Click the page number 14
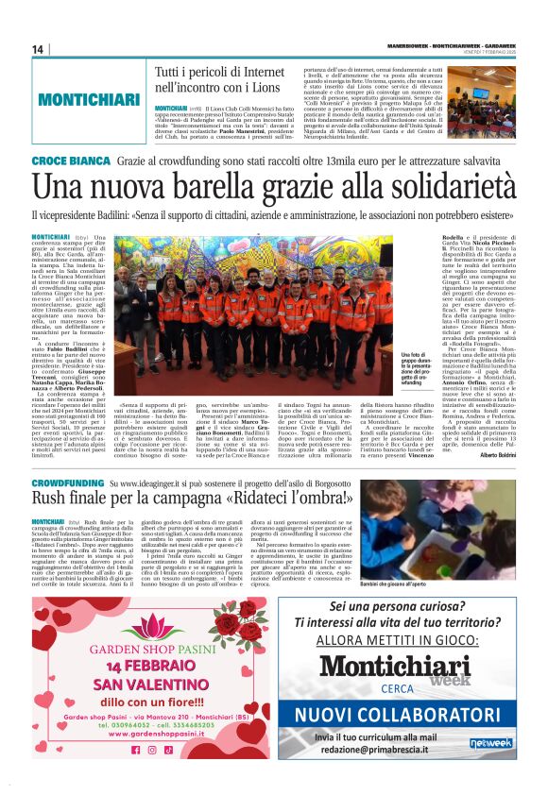click(38, 49)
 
